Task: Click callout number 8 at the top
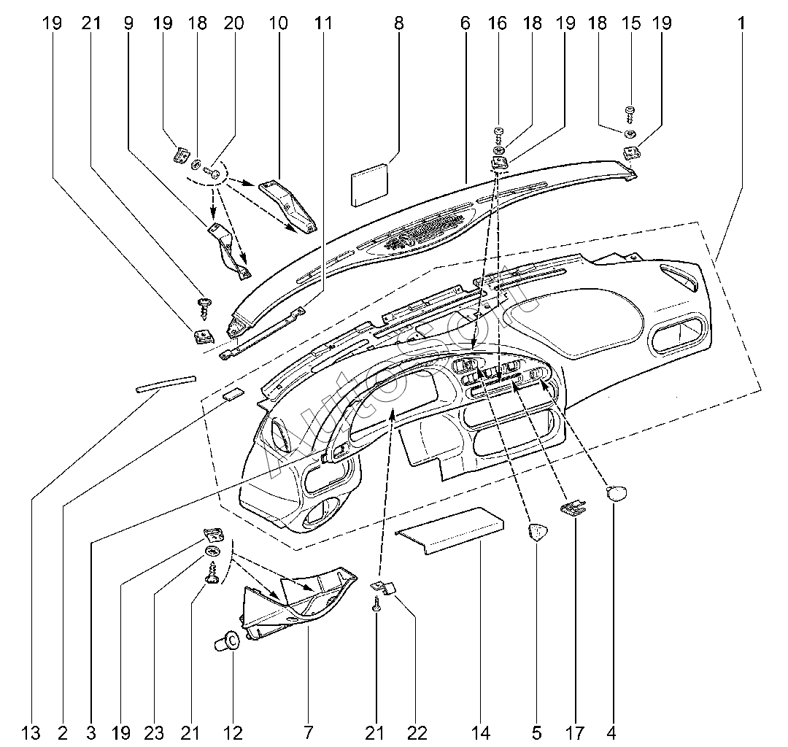(398, 23)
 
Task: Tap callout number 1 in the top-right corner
(741, 23)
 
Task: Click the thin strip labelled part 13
(166, 384)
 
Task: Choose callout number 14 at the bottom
(481, 732)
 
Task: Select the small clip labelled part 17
(573, 508)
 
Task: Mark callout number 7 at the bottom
(308, 732)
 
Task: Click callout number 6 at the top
(465, 23)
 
